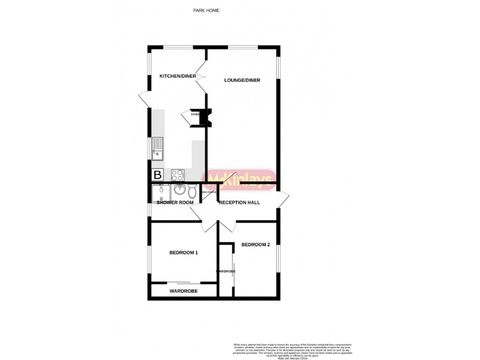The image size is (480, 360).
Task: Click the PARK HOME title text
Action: tap(206, 11)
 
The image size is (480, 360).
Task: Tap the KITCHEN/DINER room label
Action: tap(178, 76)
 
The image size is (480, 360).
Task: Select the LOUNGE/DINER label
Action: tap(242, 80)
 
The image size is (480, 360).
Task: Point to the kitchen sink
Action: tap(156, 149)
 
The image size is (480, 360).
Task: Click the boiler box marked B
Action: tap(157, 175)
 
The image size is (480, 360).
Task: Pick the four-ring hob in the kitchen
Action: tap(177, 175)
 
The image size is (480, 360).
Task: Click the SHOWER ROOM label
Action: tap(174, 202)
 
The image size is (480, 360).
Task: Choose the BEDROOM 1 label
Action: tap(184, 252)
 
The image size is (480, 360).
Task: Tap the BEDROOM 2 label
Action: tap(256, 244)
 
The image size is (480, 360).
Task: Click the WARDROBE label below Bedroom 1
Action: tap(183, 291)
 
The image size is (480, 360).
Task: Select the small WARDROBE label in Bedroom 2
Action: tap(226, 271)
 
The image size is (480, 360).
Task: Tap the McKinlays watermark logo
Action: tap(241, 179)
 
